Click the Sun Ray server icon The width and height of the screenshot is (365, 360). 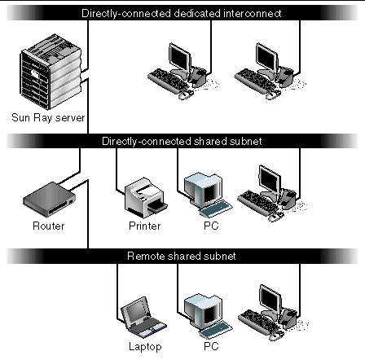click(51, 72)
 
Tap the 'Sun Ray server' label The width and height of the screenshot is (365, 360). click(48, 118)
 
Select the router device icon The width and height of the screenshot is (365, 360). click(49, 200)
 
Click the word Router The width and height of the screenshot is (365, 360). click(49, 226)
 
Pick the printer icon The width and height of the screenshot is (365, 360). click(146, 198)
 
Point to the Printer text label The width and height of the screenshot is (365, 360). click(145, 226)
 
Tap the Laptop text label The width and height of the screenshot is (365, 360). click(145, 347)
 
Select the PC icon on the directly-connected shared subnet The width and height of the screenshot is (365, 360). click(208, 195)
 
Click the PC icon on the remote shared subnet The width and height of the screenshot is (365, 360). click(208, 315)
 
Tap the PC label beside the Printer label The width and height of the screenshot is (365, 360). click(211, 226)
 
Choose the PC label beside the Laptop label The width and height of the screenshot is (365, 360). click(211, 346)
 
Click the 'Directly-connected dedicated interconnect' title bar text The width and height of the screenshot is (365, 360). click(181, 13)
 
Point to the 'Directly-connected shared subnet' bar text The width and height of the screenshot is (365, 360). click(182, 141)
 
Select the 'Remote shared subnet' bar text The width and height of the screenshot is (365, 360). click(182, 256)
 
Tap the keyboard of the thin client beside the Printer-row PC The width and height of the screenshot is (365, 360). click(259, 202)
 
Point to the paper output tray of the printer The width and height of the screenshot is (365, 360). click(158, 207)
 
